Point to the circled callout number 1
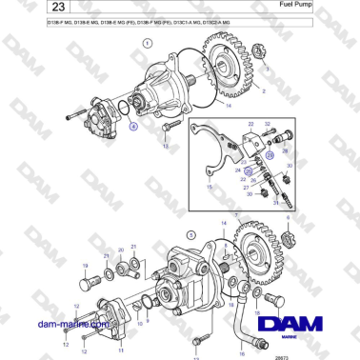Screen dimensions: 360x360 click(x=147, y=44)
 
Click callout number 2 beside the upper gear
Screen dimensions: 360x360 click(x=262, y=93)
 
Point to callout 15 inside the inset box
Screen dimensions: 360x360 click(x=208, y=188)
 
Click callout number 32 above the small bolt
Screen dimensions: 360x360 click(x=269, y=124)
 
